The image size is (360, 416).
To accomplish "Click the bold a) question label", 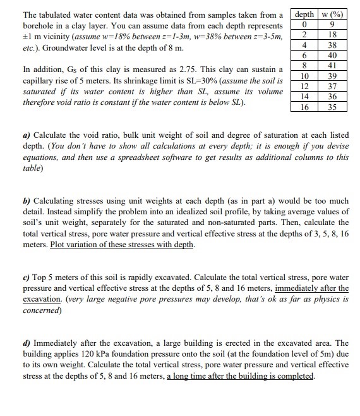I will tap(27, 137).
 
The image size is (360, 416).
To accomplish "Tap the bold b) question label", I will tap(27, 201).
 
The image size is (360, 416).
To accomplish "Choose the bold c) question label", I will tap(27, 276).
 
